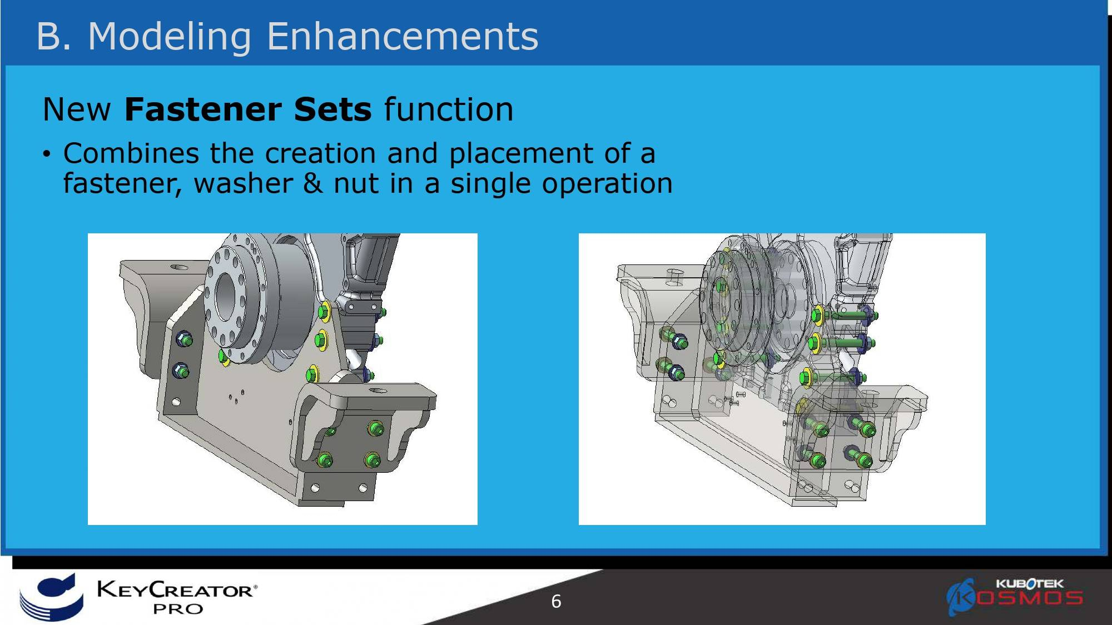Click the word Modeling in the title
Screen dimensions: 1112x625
coord(170,37)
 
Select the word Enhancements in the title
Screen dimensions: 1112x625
coord(403,36)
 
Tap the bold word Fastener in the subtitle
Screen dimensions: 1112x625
coord(203,109)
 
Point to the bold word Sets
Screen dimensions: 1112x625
coord(332,109)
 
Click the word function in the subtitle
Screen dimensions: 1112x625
coord(449,109)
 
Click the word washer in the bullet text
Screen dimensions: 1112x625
coord(243,183)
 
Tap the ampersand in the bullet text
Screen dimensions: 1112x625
coord(313,183)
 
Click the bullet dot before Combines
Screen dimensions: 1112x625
coord(47,154)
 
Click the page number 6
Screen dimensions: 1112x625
coord(556,601)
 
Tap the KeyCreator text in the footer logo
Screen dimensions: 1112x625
coord(177,589)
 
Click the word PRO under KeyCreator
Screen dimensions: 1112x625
coord(178,609)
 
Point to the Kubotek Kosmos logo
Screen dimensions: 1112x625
coord(1015,596)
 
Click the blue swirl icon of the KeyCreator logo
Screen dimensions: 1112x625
coord(51,597)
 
